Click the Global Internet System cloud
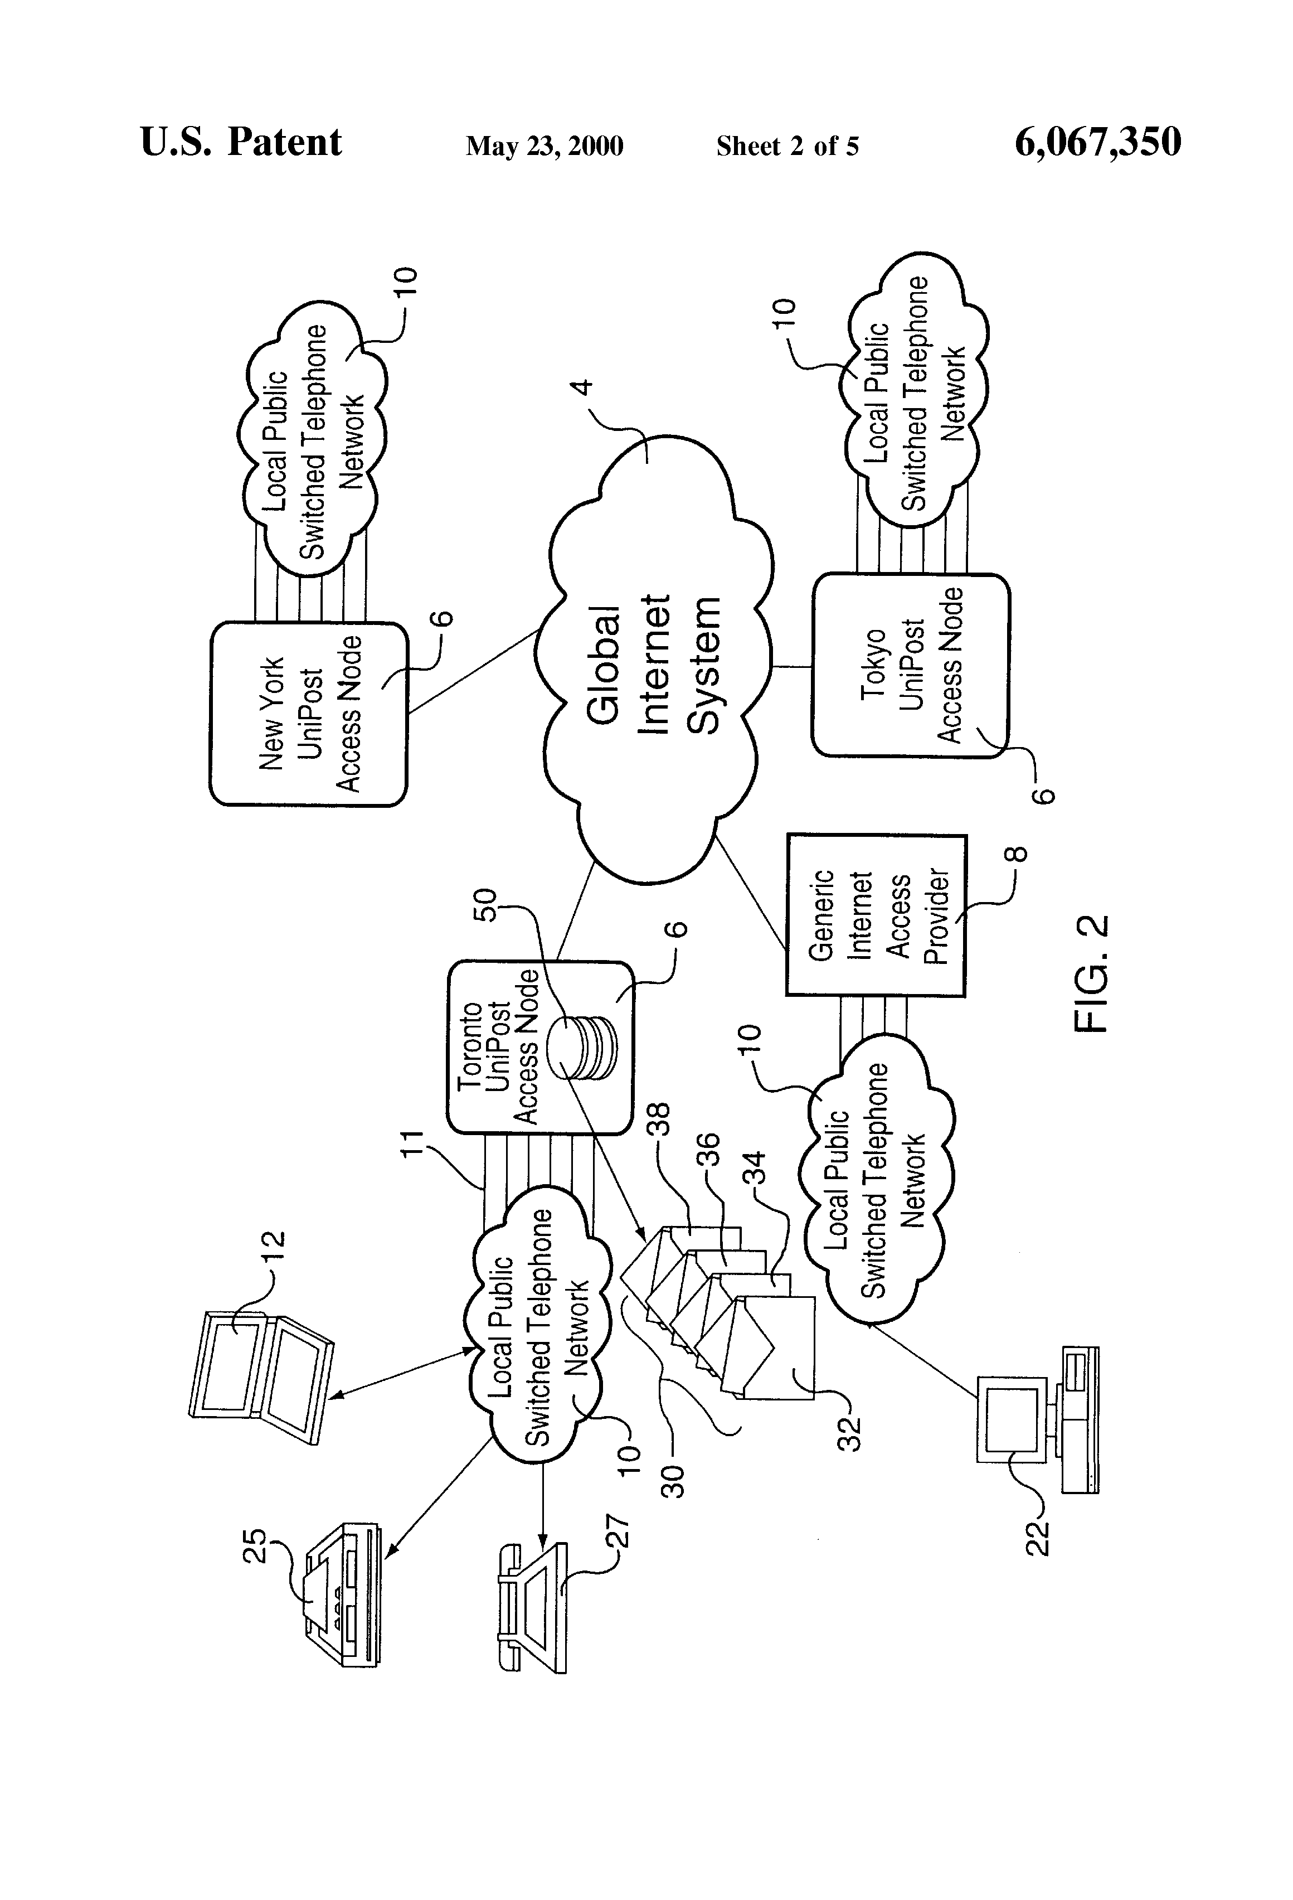click(x=654, y=662)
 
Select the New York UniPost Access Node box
click(x=308, y=714)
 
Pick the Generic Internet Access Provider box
click(x=876, y=915)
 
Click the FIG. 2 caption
click(x=1091, y=973)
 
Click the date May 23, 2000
click(x=545, y=146)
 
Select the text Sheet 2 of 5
click(x=787, y=146)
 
